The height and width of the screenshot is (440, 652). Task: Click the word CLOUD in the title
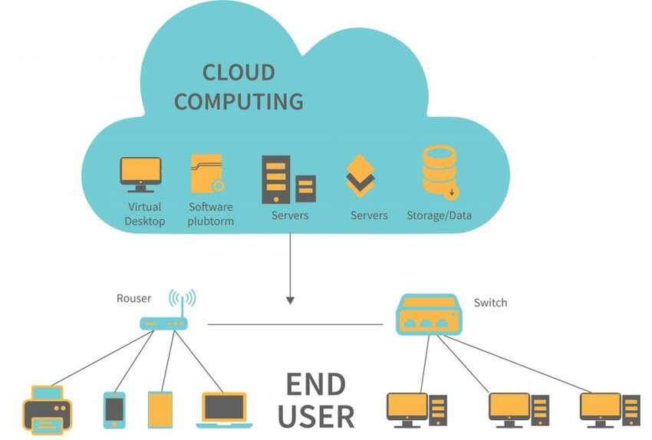click(x=238, y=73)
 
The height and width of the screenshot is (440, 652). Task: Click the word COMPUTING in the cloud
click(x=238, y=101)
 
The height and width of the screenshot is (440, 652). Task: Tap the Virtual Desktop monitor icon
click(x=141, y=175)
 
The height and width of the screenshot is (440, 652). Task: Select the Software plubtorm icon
click(x=207, y=175)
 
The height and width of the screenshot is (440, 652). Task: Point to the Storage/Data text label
click(x=439, y=215)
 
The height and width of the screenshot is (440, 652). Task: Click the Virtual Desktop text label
click(x=145, y=214)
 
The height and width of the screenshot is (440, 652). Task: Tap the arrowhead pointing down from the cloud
click(x=290, y=300)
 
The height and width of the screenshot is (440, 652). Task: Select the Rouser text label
click(x=133, y=298)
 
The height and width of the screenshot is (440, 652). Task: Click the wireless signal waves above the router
click(x=182, y=297)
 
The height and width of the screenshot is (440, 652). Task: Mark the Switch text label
click(x=490, y=303)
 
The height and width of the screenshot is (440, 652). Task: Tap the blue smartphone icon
click(x=114, y=409)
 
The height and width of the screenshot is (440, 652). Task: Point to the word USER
click(x=316, y=416)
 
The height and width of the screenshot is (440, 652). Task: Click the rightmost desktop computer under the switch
click(x=609, y=410)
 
